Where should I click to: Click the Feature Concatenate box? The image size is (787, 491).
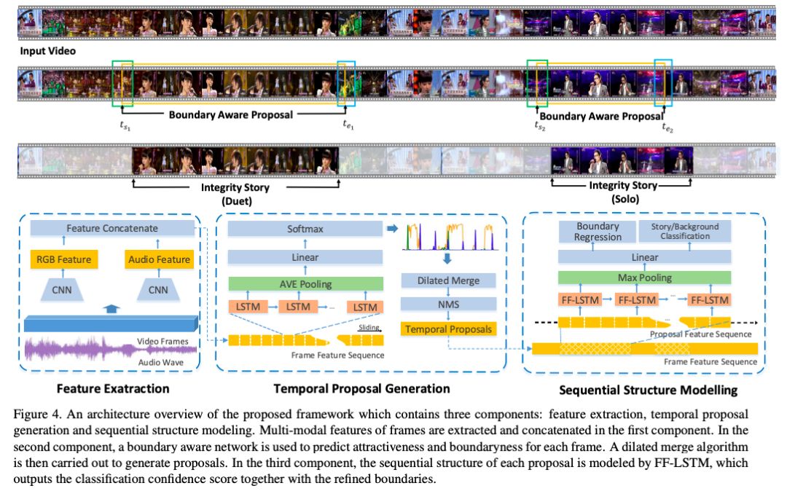point(111,228)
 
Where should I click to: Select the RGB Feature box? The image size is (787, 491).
point(63,259)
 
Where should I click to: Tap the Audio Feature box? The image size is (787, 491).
point(159,259)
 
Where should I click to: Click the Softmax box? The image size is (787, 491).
point(305,229)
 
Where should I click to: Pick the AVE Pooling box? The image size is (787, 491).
point(305,283)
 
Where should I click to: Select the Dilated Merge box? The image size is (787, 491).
point(449,280)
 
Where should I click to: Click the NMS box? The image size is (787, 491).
point(449,304)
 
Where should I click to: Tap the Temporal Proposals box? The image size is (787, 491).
point(449,329)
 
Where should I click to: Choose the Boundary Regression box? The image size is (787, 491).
point(598,232)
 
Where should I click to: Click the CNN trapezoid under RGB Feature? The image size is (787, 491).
point(63,291)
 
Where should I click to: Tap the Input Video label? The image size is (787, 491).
point(47,51)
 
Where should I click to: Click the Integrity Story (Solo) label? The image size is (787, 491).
point(623,192)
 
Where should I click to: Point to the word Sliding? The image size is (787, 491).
point(368,329)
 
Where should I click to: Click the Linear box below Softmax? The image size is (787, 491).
point(305,257)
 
